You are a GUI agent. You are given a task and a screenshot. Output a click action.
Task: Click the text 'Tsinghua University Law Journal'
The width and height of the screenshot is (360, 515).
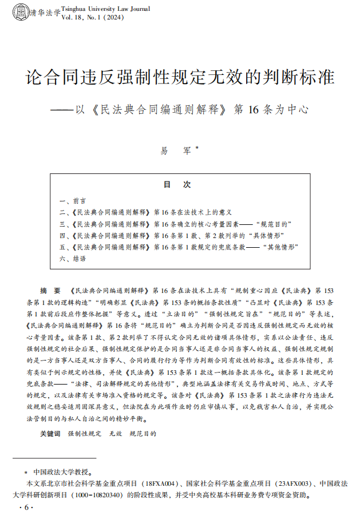tap(105, 9)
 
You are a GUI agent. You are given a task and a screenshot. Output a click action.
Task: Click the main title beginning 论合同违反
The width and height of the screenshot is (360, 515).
tap(180, 76)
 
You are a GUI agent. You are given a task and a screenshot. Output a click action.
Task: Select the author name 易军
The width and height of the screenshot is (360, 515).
tap(175, 150)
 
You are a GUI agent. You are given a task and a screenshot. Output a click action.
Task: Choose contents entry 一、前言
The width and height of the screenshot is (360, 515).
tap(73, 201)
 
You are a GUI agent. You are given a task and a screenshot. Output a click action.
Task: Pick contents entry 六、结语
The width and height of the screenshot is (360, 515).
tap(73, 259)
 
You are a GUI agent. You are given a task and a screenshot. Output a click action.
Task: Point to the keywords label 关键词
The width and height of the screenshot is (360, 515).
tap(50, 434)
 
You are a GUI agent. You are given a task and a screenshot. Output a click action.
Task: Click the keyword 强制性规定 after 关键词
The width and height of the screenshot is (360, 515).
tap(82, 434)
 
